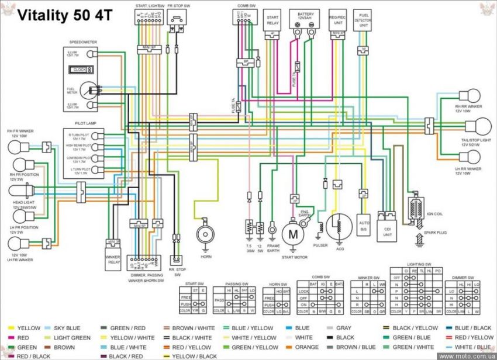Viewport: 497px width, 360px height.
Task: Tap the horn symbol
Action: (205, 235)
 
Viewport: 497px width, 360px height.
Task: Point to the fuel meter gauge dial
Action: (88, 91)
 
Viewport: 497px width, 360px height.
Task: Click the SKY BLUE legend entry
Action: (66, 328)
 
